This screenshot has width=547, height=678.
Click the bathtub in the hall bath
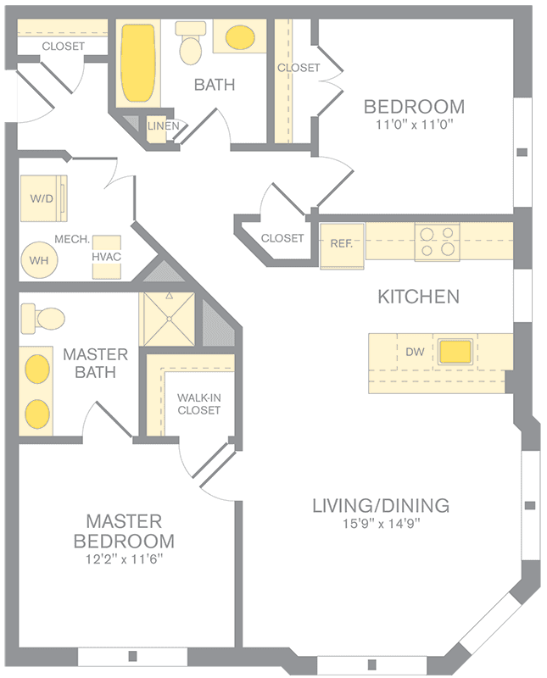pos(137,63)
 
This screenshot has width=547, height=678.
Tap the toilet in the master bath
pos(42,319)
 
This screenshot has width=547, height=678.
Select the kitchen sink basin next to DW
pos(455,352)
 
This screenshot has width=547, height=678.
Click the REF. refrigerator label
pos(342,243)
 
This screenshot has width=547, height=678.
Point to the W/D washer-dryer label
pos(42,198)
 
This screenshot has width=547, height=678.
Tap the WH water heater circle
pos(39,260)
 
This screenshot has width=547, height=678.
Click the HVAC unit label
pos(107,257)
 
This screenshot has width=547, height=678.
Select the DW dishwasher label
pos(415,352)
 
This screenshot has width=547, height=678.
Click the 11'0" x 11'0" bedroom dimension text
pos(414,125)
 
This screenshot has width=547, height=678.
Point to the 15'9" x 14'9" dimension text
pos(382,524)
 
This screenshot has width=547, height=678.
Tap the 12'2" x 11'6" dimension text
pos(124,559)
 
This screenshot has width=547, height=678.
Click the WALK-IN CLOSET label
pos(199,404)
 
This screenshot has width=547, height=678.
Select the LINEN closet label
pos(163,125)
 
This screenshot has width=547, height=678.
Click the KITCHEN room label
pos(418,297)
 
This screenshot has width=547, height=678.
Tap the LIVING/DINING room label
pos(381,505)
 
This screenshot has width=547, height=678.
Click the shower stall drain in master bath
pos(170,319)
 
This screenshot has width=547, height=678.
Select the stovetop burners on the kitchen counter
pos(437,242)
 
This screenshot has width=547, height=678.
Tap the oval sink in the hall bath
pos(240,37)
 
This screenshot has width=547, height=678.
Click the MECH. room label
pos(72,239)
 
